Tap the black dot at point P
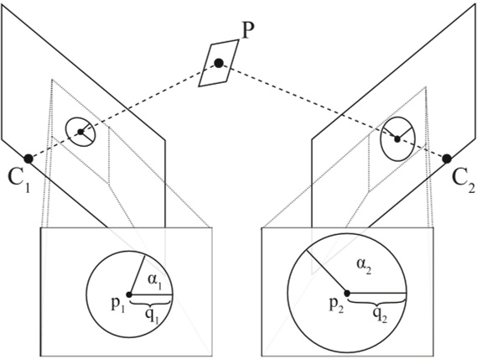(x=219, y=63)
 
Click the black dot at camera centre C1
(x=29, y=158)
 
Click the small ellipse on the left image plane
(x=81, y=132)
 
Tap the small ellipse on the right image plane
(x=397, y=137)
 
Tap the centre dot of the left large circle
(x=128, y=294)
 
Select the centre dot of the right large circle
(x=347, y=292)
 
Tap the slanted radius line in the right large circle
(x=327, y=269)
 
